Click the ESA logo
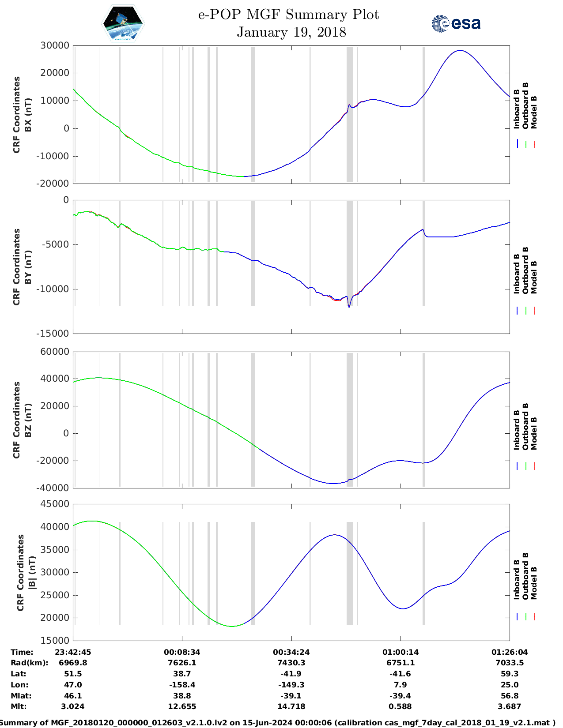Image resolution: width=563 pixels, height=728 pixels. (x=456, y=23)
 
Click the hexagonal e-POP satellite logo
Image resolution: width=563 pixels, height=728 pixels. (x=123, y=24)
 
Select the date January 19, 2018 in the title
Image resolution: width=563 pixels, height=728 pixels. (x=291, y=32)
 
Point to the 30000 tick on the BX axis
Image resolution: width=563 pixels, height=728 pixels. (x=54, y=45)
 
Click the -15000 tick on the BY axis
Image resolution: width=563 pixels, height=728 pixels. (x=54, y=334)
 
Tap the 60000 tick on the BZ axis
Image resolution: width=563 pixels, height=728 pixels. (x=54, y=352)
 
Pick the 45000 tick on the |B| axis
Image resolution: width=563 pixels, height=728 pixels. (x=54, y=504)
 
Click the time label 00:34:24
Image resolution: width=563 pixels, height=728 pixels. (x=291, y=652)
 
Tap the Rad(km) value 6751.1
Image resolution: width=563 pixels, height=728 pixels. (x=401, y=663)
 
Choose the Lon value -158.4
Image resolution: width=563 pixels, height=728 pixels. (x=182, y=685)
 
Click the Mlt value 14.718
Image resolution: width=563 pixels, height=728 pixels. (x=291, y=706)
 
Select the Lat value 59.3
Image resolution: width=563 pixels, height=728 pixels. (x=510, y=674)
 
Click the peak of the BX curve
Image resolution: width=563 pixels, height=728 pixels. (x=460, y=50)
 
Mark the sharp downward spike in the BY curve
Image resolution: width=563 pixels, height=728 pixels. (x=349, y=307)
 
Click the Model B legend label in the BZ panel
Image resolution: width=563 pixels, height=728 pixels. (x=534, y=433)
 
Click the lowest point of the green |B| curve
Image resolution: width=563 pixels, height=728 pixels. (x=232, y=626)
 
